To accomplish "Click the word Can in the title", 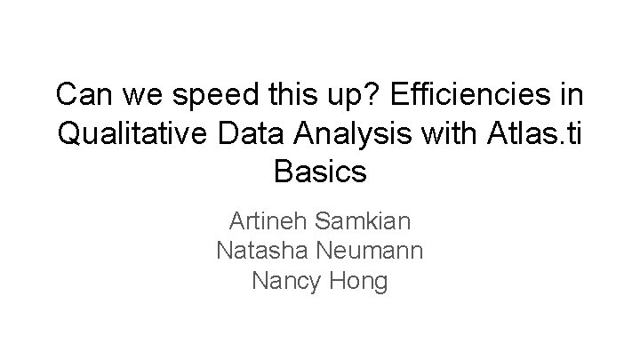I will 83,93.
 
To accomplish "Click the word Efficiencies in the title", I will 453,93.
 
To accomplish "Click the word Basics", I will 320,171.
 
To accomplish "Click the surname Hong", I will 360,281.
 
